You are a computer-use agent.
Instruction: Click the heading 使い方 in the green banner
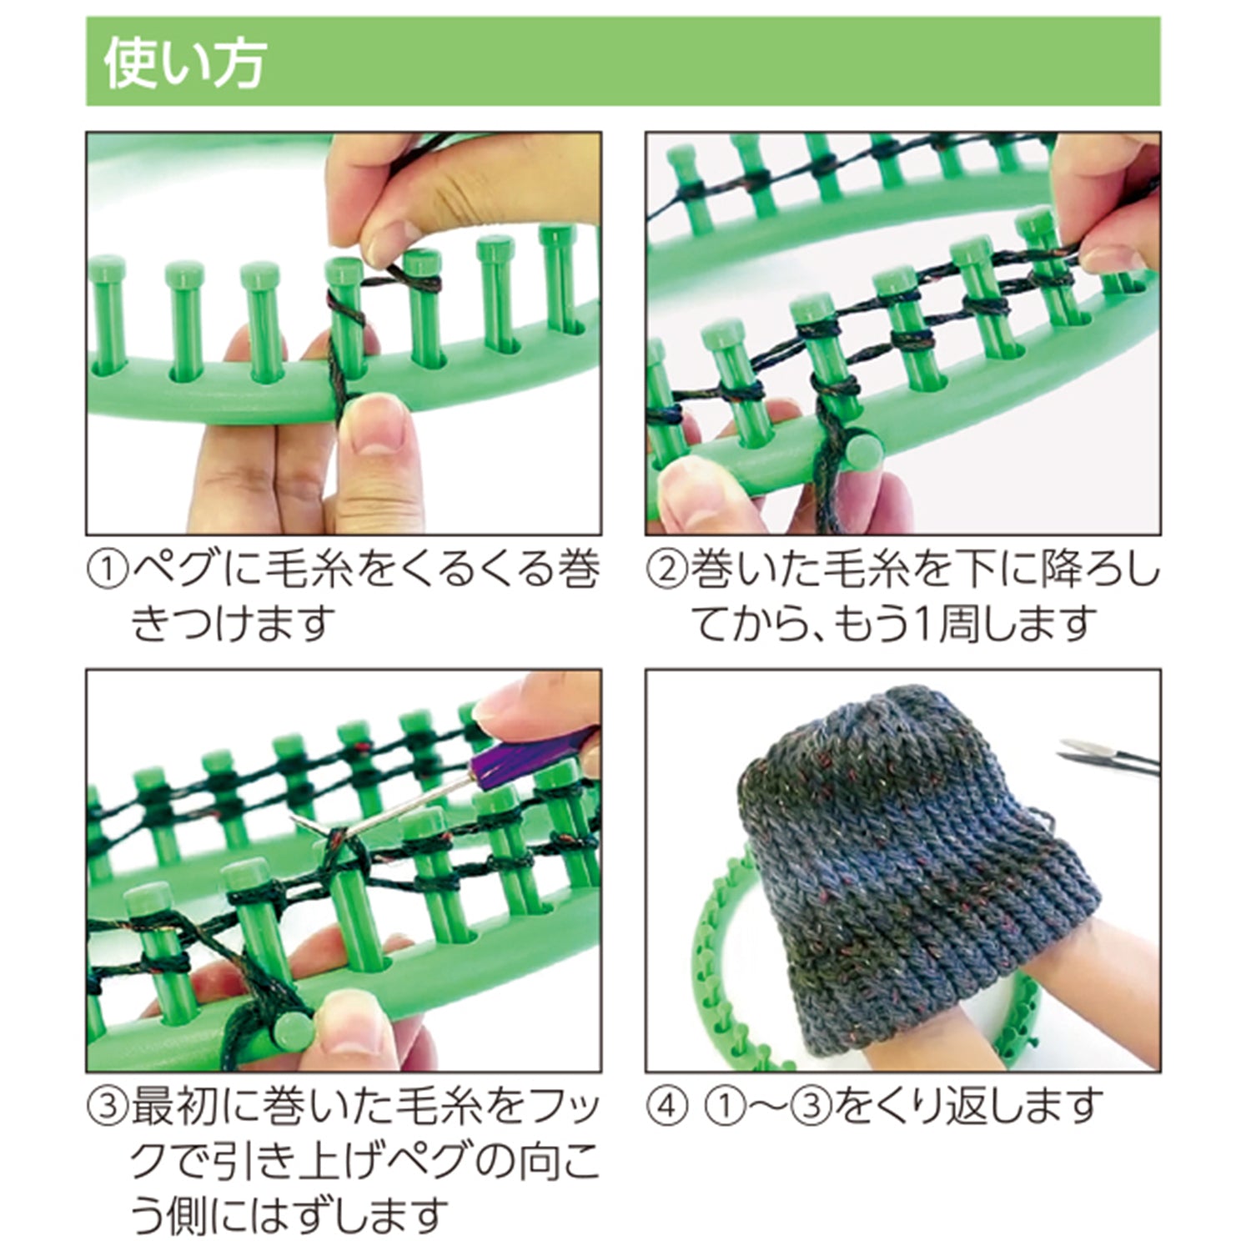pos(184,63)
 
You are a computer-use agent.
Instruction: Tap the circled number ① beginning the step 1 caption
pos(108,572)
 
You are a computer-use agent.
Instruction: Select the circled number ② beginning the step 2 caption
pos(666,572)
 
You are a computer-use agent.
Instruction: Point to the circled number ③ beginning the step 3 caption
pos(108,1106)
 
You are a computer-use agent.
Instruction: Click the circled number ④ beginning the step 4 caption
pos(666,1106)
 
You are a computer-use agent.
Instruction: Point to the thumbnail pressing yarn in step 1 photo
pos(379,424)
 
